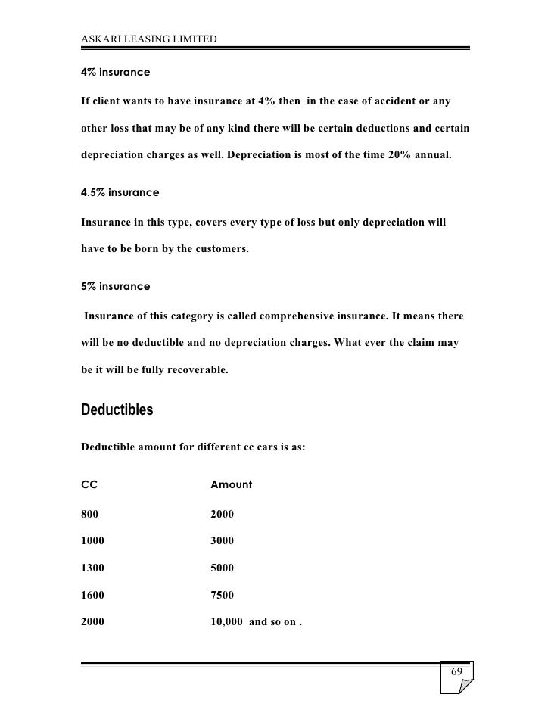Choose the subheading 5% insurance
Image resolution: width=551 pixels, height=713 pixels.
click(115, 287)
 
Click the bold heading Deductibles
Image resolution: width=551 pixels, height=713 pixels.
click(117, 410)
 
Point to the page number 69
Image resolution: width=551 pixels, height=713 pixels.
click(456, 673)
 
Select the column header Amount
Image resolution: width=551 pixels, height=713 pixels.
click(231, 484)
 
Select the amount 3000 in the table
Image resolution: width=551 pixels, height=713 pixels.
click(222, 541)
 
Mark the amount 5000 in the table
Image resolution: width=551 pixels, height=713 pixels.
click(222, 568)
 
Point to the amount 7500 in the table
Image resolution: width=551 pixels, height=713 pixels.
click(222, 595)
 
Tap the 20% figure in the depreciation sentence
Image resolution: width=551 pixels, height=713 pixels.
click(400, 154)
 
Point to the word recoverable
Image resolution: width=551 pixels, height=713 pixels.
click(190, 369)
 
